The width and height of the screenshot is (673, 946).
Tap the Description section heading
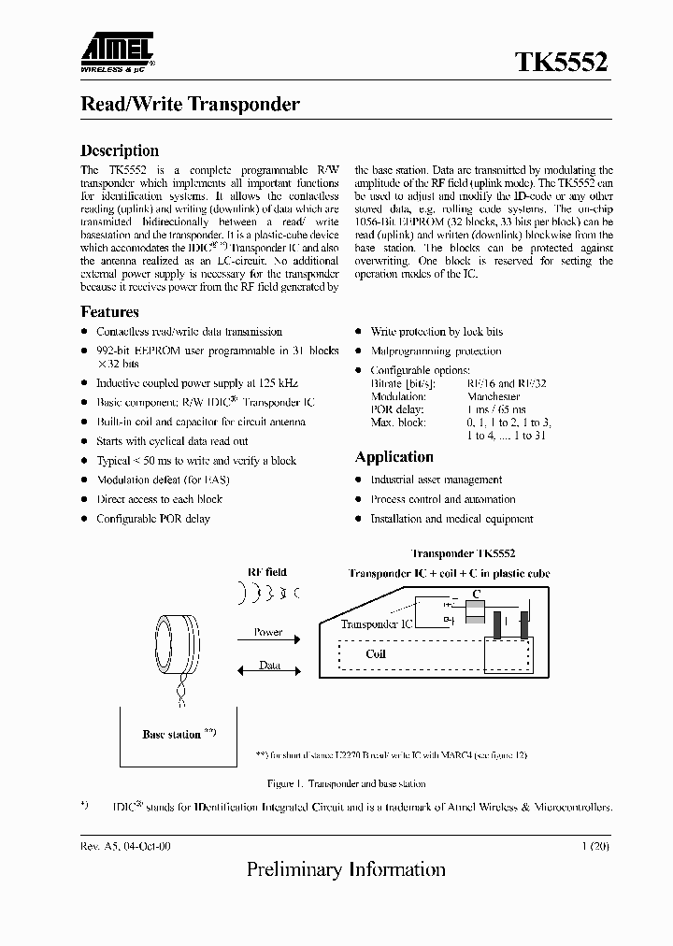pyautogui.click(x=120, y=150)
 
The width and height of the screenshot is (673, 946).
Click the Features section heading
pyautogui.click(x=109, y=312)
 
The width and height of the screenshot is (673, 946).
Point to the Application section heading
pyautogui.click(x=394, y=457)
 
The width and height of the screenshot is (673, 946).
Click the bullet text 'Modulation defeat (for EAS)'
pyautogui.click(x=163, y=480)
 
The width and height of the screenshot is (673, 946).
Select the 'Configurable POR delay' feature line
pyautogui.click(x=153, y=519)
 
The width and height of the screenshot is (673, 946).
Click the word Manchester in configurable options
pyautogui.click(x=494, y=396)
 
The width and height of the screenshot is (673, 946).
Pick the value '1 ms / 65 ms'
pyautogui.click(x=495, y=409)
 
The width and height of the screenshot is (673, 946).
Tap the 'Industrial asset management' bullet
pyautogui.click(x=436, y=480)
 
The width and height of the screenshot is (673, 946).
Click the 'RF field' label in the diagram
pyautogui.click(x=266, y=572)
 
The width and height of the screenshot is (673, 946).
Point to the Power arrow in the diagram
pyautogui.click(x=268, y=638)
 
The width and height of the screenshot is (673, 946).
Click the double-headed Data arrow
pyautogui.click(x=268, y=666)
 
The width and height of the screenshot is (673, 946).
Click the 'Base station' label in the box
pyautogui.click(x=172, y=735)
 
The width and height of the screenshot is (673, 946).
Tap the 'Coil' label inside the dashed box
pyautogui.click(x=376, y=654)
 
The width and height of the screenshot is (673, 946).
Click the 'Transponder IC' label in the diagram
pyautogui.click(x=376, y=623)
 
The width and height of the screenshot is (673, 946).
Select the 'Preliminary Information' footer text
pyautogui.click(x=346, y=870)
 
